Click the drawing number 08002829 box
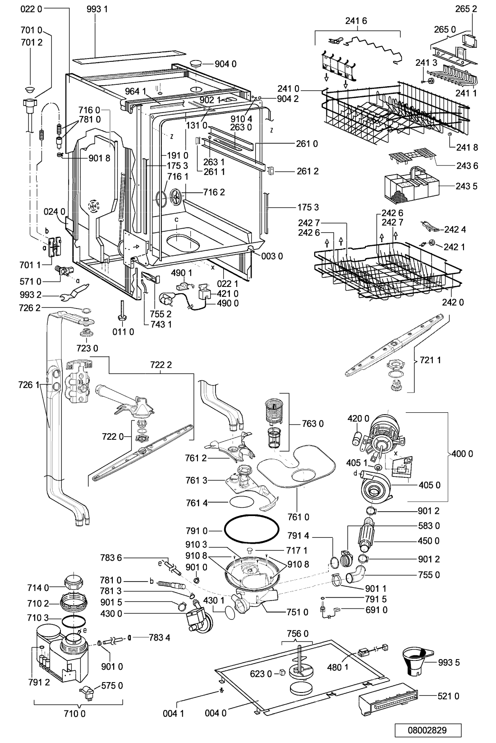(x=428, y=730)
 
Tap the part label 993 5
(x=449, y=662)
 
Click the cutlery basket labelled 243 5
(x=411, y=186)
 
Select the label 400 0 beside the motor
(x=463, y=454)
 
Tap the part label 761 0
(x=299, y=517)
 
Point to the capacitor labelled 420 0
(x=356, y=438)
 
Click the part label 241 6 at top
(x=356, y=21)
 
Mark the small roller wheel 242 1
(x=432, y=243)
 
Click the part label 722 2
(x=161, y=365)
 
